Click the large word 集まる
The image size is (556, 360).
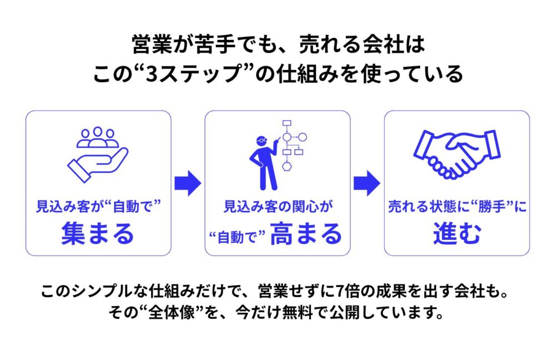(x=98, y=234)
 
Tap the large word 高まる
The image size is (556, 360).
(x=306, y=234)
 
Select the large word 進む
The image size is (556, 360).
(x=456, y=234)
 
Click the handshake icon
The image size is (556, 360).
(x=456, y=153)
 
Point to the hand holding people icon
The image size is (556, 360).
(x=98, y=153)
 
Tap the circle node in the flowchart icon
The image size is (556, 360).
(x=287, y=137)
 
